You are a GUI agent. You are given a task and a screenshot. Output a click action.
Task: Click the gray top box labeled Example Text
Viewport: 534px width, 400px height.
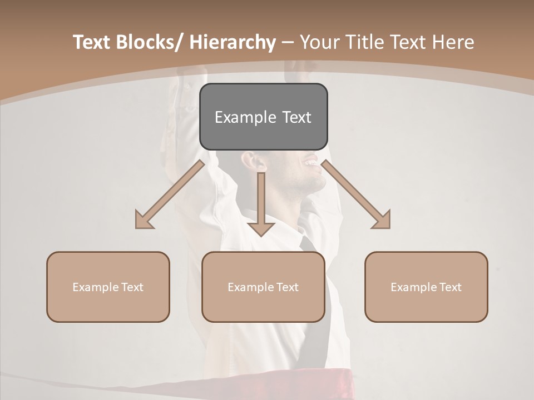pos(263,117)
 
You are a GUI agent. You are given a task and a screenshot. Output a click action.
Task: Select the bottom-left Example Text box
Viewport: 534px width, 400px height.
pos(108,287)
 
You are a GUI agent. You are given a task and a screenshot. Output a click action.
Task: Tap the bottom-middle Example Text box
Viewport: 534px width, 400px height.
pos(263,287)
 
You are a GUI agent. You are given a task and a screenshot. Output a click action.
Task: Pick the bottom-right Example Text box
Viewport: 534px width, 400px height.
pos(426,287)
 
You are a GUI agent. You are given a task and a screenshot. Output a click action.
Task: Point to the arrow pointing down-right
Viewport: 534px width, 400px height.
pos(357,195)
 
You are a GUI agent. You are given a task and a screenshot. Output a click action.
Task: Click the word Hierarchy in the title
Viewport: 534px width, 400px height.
pos(233,43)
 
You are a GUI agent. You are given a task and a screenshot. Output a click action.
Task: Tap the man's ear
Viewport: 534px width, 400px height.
pos(257,163)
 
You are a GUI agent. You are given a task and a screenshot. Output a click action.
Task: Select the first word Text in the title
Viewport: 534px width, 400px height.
pos(92,43)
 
